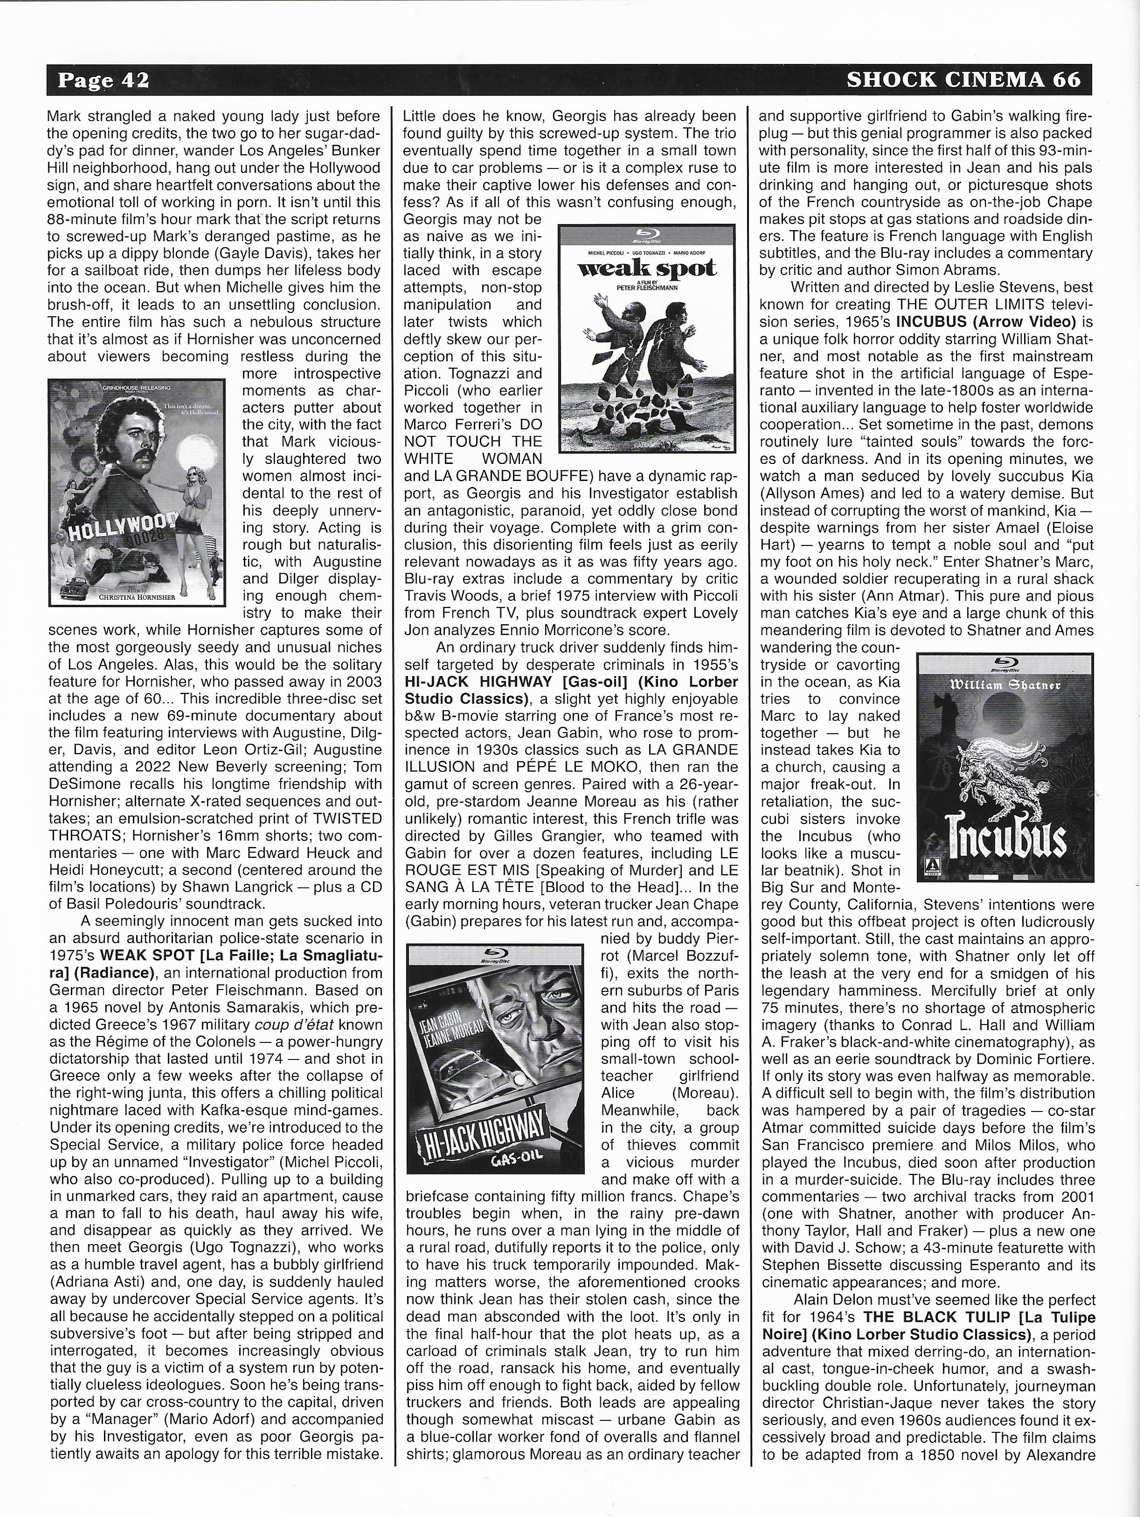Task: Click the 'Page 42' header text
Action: point(103,80)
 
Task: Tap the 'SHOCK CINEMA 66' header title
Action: point(963,80)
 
